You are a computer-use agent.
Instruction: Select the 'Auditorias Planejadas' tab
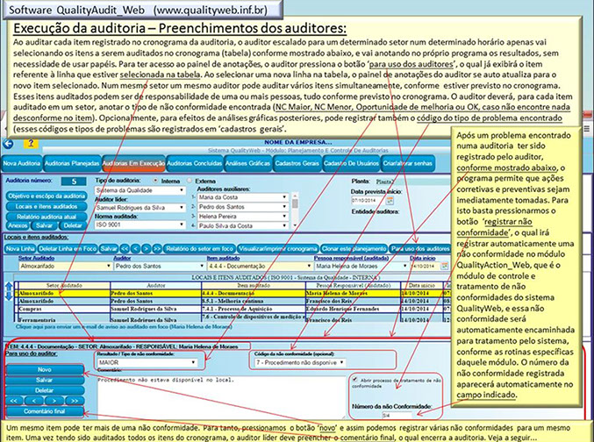(x=71, y=163)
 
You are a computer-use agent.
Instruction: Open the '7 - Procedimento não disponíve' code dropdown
(x=297, y=361)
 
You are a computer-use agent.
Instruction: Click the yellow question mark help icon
(x=32, y=143)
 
